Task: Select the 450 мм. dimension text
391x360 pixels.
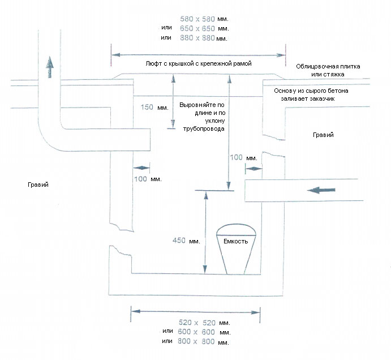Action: (186, 241)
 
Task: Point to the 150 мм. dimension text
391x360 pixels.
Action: (150, 106)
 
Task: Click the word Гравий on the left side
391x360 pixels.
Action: (37, 185)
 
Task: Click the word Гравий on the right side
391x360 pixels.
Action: (323, 135)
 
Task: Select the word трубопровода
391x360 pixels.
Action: (201, 129)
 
